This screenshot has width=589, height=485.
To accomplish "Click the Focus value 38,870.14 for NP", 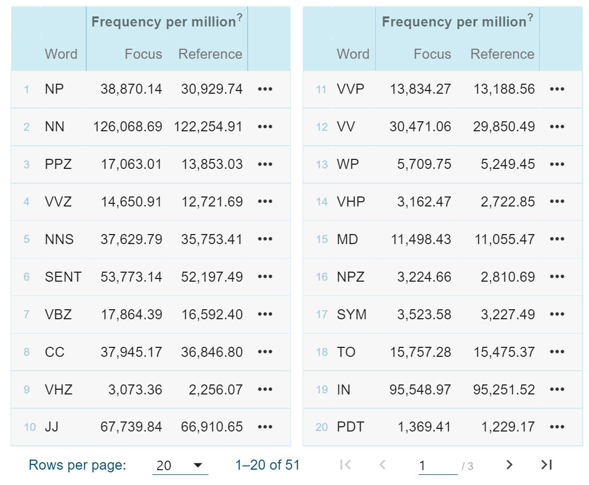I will [x=131, y=89].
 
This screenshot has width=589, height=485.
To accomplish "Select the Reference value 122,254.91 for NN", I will [x=208, y=127].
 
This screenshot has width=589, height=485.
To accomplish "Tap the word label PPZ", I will [x=58, y=164].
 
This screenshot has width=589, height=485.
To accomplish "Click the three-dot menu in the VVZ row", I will [x=265, y=202].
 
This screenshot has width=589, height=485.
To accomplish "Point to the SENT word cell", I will [x=63, y=277].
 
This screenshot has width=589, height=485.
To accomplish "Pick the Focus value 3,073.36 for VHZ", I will [x=135, y=390].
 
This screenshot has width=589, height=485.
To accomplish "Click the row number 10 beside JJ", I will [x=30, y=427].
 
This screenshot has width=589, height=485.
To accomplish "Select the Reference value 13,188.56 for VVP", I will [x=504, y=89].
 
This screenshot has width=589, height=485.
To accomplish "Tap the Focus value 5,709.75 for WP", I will [x=424, y=164].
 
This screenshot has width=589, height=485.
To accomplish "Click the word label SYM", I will [x=351, y=315].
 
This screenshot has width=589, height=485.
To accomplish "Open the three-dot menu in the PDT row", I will [x=557, y=427].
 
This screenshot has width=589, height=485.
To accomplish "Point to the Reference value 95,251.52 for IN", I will [x=504, y=390].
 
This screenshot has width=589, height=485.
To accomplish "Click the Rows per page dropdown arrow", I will [x=198, y=465].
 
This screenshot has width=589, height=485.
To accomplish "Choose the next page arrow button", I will [x=509, y=465].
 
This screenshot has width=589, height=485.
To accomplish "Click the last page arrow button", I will [x=547, y=465].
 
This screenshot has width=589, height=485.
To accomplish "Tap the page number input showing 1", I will [x=437, y=465].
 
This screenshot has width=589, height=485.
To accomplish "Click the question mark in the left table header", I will [x=239, y=17].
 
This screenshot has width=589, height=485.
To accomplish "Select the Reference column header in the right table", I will [x=502, y=54].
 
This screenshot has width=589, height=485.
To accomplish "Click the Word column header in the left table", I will [x=61, y=54].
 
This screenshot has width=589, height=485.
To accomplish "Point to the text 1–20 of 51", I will [x=267, y=465].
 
